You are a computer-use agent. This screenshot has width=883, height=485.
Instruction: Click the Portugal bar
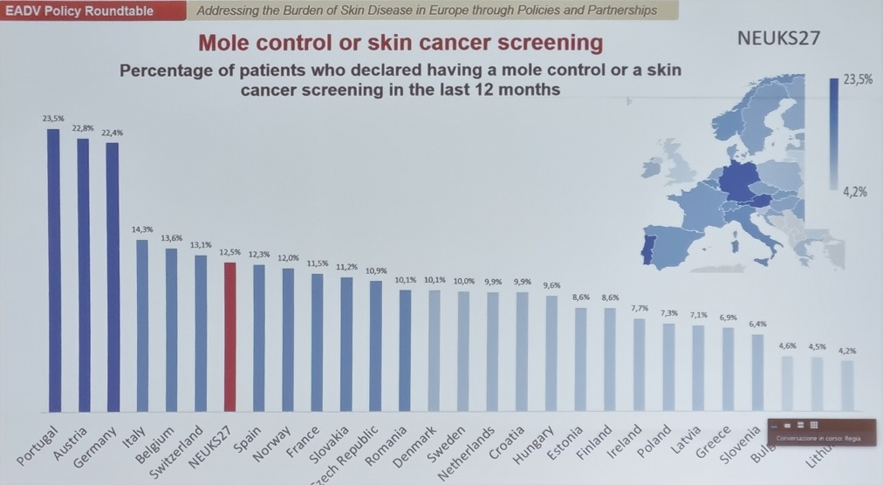tap(53, 270)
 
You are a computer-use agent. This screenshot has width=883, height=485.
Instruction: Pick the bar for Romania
tap(404, 349)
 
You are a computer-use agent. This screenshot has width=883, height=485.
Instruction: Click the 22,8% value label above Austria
tap(82, 128)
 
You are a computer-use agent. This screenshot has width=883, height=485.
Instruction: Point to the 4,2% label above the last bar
tap(845, 351)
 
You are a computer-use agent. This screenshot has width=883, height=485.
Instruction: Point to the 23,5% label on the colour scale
tap(858, 80)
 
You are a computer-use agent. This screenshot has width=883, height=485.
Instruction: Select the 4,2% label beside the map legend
tap(855, 193)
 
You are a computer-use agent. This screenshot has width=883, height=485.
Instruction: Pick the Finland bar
tap(610, 359)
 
